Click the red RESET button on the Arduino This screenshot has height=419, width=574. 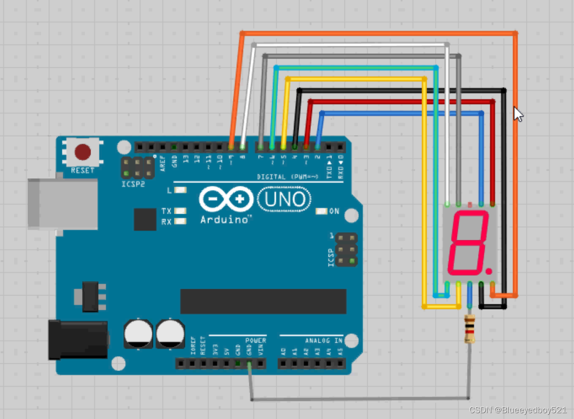(83, 152)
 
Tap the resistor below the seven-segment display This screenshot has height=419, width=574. (470, 329)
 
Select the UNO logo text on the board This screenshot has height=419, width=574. (285, 199)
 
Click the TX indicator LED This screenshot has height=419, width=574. (181, 211)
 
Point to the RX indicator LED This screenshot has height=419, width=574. (181, 221)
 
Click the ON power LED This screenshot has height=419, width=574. (322, 211)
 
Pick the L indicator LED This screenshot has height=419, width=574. (180, 190)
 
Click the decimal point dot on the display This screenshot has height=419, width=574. (488, 271)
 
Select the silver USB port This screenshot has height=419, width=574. (62, 204)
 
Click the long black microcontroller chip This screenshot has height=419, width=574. (263, 301)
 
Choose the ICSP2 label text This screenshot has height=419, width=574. (133, 184)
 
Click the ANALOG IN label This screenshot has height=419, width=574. (324, 341)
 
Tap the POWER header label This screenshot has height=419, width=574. (256, 341)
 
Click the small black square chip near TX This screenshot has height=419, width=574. (145, 219)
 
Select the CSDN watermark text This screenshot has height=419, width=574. (518, 410)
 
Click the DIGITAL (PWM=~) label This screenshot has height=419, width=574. (287, 177)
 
